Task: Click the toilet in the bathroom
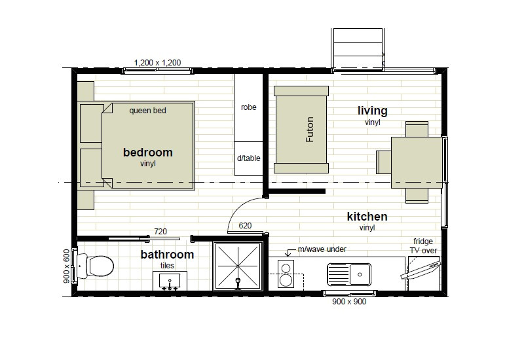[97, 266]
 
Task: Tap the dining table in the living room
[417, 161]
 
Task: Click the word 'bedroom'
[148, 153]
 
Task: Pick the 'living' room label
[372, 111]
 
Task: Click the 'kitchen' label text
[367, 217]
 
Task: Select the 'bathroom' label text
[167, 255]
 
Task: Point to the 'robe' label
[248, 107]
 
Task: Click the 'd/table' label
[248, 158]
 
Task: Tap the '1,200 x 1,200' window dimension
[157, 63]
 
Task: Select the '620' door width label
[245, 226]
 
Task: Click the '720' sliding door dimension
[160, 231]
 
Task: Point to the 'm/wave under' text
[322, 249]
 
